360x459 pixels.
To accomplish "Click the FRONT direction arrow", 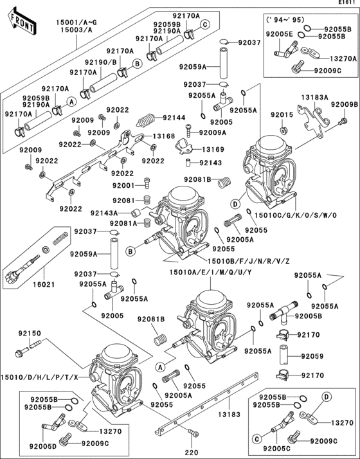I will click(x=19, y=24).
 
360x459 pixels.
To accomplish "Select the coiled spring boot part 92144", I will click(x=147, y=120).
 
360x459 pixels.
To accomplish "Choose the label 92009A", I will click(x=212, y=132).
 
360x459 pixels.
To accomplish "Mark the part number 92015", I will click(x=281, y=114).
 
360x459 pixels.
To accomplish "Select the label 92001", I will click(x=123, y=185).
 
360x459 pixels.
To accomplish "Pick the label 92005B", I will click(x=309, y=316).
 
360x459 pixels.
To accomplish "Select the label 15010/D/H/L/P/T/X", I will click(x=40, y=377).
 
